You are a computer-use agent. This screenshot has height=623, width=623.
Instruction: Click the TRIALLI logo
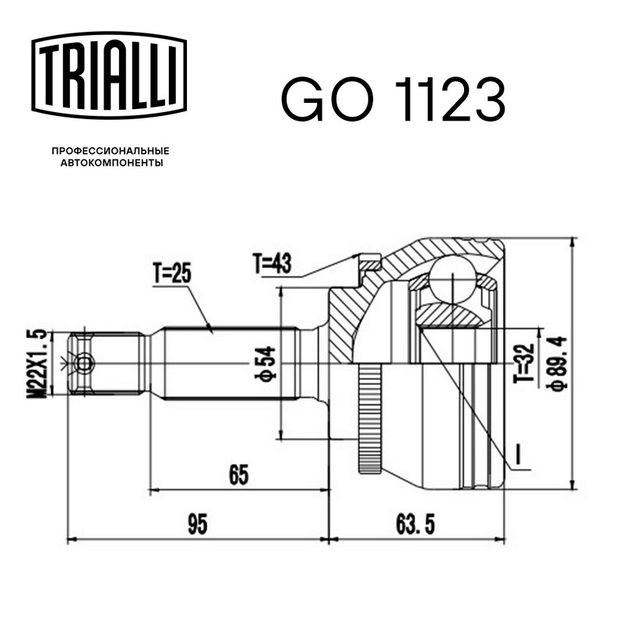pyautogui.click(x=109, y=76)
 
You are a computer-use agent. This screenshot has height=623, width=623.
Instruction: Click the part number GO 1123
pyautogui.click(x=393, y=99)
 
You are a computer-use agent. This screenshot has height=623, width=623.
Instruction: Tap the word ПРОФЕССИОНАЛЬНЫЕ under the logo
pyautogui.click(x=111, y=151)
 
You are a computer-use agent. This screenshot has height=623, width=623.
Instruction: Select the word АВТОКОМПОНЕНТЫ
pyautogui.click(x=111, y=163)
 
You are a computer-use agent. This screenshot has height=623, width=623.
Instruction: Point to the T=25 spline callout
pyautogui.click(x=172, y=274)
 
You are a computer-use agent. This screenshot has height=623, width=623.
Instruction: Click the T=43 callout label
pyautogui.click(x=272, y=263)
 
